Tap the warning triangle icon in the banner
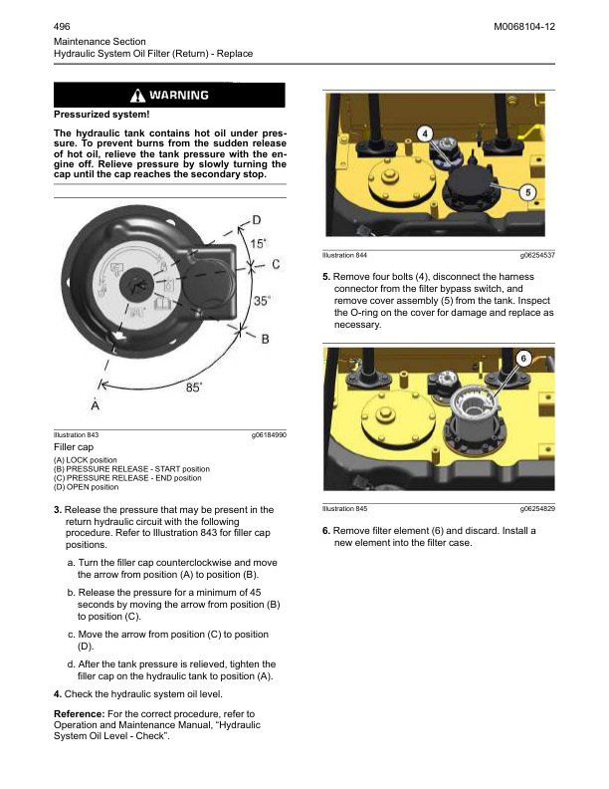pyautogui.click(x=137, y=96)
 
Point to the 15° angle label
pyautogui.click(x=257, y=243)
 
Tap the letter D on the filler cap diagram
pyautogui.click(x=257, y=219)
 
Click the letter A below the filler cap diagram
pyautogui.click(x=95, y=405)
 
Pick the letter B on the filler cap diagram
pyautogui.click(x=265, y=339)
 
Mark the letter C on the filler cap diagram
pyautogui.click(x=276, y=264)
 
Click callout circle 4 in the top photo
pyautogui.click(x=424, y=133)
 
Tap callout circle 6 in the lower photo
pyautogui.click(x=522, y=357)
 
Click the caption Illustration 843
pyautogui.click(x=76, y=435)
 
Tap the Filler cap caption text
pyautogui.click(x=72, y=448)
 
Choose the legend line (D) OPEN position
pyautogui.click(x=86, y=487)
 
